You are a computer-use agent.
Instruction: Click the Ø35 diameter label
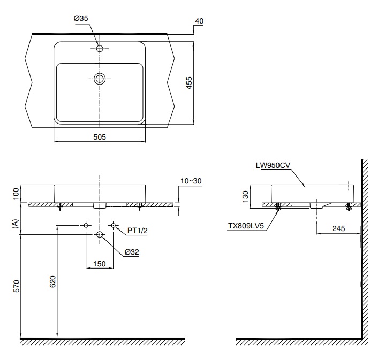[81, 18]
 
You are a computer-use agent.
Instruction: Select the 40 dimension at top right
[199, 21]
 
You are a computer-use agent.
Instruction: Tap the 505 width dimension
[100, 136]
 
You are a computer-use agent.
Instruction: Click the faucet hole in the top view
[100, 49]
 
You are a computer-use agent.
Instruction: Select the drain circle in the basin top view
[100, 79]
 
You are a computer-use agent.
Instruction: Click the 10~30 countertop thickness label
[191, 181]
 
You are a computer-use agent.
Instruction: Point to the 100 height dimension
[16, 193]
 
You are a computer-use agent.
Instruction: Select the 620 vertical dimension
[52, 282]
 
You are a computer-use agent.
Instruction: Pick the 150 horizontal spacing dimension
[100, 263]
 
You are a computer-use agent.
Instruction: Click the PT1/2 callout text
[137, 231]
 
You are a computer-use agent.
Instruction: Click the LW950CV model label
[273, 166]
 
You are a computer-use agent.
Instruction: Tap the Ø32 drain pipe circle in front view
[100, 235]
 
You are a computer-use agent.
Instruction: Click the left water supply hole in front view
[86, 226]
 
